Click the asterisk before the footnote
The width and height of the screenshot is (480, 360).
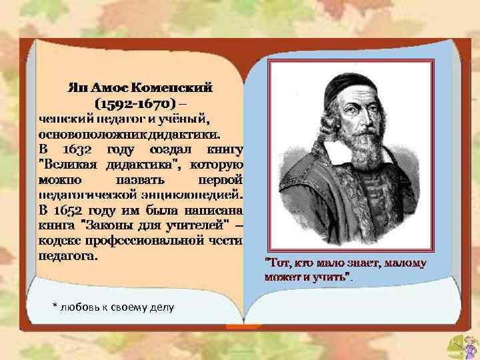click(55, 305)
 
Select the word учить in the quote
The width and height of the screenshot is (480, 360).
click(331, 276)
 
